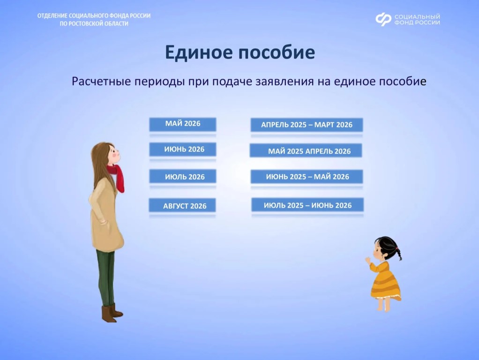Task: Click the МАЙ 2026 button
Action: [183, 124]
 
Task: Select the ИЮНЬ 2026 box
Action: [183, 150]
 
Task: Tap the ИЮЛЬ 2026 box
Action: [183, 176]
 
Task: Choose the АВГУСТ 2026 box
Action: [182, 205]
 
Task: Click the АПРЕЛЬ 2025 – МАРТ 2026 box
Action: [307, 125]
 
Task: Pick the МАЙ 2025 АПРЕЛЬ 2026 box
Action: [306, 150]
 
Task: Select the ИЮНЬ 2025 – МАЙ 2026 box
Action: [307, 177]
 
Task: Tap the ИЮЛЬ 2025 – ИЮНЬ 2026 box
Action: [307, 205]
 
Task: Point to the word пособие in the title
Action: [277, 52]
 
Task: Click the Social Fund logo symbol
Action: [383, 19]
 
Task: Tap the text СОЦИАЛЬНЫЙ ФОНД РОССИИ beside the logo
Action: [417, 19]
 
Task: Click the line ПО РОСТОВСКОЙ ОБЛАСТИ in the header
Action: [94, 23]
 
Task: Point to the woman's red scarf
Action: [117, 177]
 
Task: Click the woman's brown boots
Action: [111, 313]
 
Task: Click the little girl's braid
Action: [398, 254]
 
